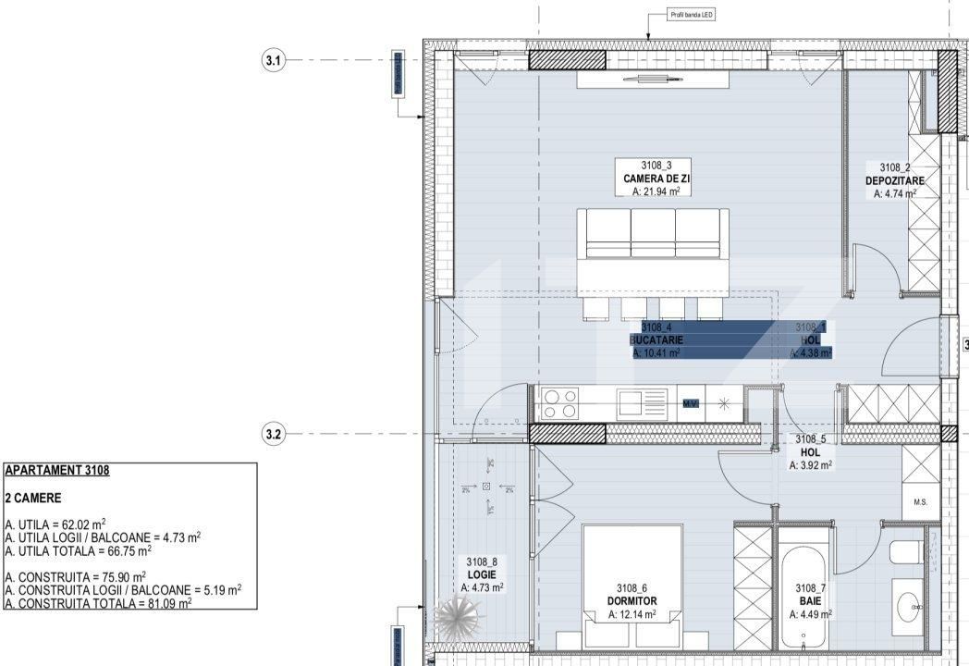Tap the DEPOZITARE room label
[894, 180]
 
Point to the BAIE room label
[809, 599]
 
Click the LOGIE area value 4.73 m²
[482, 586]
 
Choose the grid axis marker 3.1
[273, 60]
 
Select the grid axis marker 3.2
[273, 433]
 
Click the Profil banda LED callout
[692, 16]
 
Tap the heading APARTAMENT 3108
[57, 470]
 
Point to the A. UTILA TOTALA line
[79, 549]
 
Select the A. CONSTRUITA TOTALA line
[98, 602]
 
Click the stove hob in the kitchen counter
[559, 404]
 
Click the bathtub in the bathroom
[802, 592]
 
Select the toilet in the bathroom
[906, 553]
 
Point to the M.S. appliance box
[920, 502]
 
